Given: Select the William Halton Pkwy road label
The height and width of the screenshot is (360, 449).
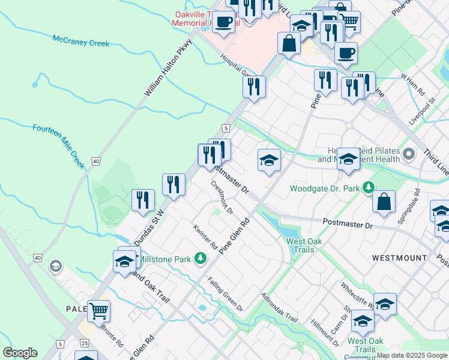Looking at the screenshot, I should click(x=167, y=68).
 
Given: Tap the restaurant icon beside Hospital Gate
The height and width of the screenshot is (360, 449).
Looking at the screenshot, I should click(x=254, y=86).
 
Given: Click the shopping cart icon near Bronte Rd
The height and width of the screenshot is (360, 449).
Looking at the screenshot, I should click(x=98, y=311).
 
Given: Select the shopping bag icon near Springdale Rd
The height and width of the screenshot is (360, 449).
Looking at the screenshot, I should click(x=384, y=202).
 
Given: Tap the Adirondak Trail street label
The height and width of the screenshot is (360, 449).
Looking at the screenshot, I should click(x=279, y=308).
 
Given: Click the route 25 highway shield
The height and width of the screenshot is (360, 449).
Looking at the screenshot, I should click(x=85, y=343).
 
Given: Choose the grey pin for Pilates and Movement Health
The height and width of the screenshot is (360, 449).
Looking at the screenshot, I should click(x=409, y=154).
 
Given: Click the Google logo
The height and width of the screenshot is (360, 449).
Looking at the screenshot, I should click(x=20, y=353).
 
